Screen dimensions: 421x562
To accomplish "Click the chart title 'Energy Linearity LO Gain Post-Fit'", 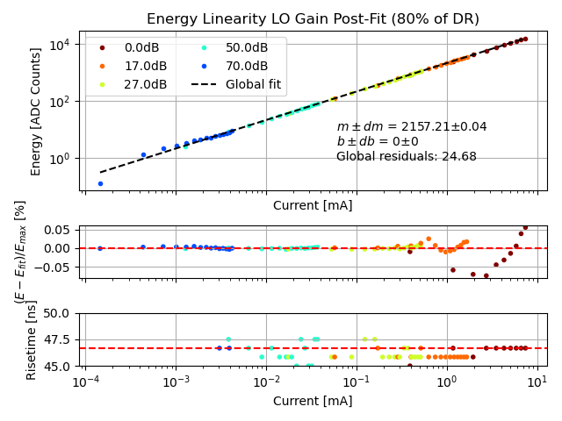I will pos(313,19).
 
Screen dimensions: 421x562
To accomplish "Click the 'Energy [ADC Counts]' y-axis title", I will pos(36,111).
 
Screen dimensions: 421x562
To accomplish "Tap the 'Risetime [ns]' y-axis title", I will pos(32,339).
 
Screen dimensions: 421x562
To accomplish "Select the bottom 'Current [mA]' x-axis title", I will pos(313,401).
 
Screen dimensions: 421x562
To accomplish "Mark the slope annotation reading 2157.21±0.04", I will pos(412,127).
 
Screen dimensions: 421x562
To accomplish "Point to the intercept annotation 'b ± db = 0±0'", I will pos(378,141).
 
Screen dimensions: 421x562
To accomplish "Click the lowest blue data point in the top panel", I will pos(100,183).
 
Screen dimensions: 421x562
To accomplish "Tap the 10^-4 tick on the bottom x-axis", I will pos(85,382).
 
